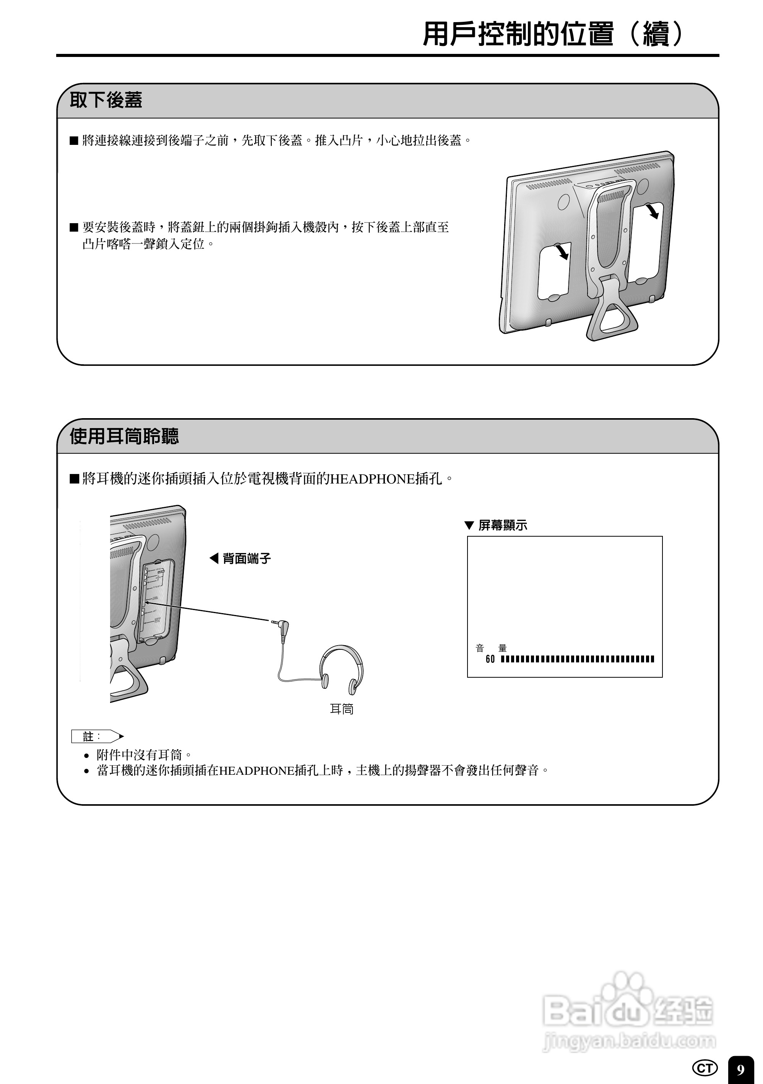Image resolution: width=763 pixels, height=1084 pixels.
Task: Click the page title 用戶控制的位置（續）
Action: [x=552, y=34]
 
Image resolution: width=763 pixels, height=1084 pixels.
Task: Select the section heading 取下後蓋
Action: [x=106, y=100]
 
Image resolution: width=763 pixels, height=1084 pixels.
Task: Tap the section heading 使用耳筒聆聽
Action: [x=124, y=436]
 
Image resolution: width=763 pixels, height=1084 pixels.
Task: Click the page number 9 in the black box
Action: [x=740, y=1069]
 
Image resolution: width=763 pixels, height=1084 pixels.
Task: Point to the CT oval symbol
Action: [x=705, y=1068]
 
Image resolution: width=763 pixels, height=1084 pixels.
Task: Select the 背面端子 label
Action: [x=246, y=559]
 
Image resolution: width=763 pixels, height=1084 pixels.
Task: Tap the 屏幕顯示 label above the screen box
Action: [x=502, y=526]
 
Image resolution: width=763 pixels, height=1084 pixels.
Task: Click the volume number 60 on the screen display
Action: [x=490, y=659]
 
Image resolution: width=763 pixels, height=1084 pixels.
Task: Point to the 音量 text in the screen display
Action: [x=491, y=648]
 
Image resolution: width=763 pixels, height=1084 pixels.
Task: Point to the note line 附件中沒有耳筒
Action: [x=144, y=755]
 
